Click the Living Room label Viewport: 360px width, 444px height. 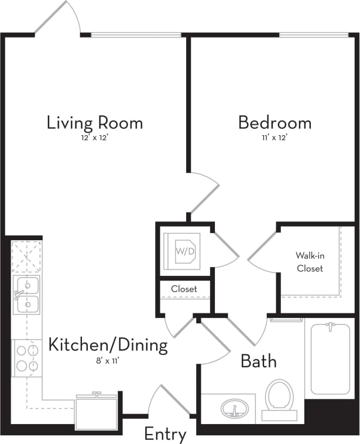click(95, 123)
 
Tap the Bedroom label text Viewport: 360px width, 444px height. click(274, 123)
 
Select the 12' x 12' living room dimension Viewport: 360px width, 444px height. click(95, 138)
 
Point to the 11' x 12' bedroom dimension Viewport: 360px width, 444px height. click(274, 138)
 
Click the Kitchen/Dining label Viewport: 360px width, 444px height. click(108, 345)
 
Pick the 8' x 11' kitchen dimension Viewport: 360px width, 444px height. click(108, 360)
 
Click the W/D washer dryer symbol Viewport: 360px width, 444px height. click(182, 251)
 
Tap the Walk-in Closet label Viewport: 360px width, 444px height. click(310, 262)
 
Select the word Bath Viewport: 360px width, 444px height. click(258, 361)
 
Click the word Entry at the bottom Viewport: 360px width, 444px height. click(165, 435)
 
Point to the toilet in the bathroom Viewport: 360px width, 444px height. click(279, 399)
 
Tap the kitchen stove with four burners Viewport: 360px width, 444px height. click(26, 358)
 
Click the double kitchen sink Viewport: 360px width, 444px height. click(26, 295)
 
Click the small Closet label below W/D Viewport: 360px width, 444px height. click(184, 289)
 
